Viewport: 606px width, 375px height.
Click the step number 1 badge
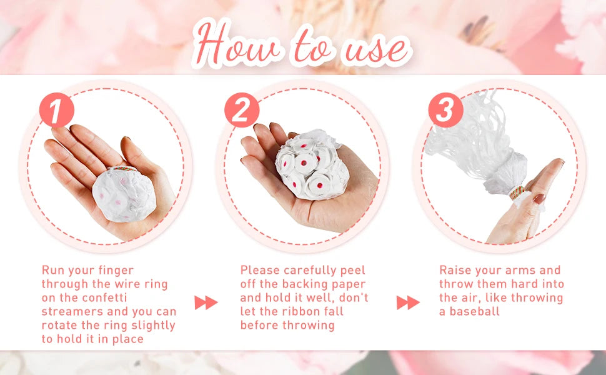[x=57, y=110]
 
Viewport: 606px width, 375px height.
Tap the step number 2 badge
[x=242, y=110]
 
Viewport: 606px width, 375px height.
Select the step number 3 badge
[x=445, y=110]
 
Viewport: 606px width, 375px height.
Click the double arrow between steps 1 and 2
[x=206, y=302]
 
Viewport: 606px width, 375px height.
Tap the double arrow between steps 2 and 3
[x=408, y=302]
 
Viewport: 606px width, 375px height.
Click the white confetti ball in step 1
[x=124, y=195]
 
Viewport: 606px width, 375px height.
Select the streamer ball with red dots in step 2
[x=312, y=165]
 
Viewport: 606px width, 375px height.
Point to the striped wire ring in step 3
[x=517, y=192]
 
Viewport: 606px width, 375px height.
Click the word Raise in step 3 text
[x=455, y=270]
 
